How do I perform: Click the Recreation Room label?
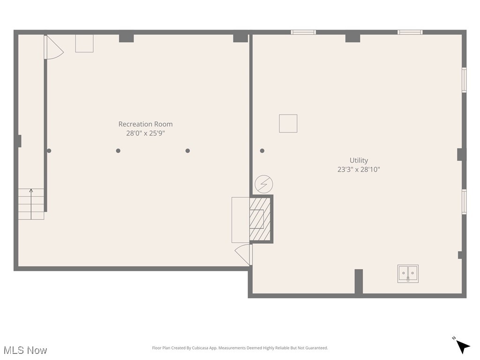145,124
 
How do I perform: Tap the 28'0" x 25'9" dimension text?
145,133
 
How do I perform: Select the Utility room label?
359,160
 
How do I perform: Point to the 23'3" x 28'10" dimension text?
359,170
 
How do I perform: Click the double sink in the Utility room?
408,273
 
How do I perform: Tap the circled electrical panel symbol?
264,184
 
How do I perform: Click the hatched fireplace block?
260,219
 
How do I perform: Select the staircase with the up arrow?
31,204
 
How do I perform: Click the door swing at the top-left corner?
53,48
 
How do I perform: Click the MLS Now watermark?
25,350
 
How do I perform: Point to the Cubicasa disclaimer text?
240,348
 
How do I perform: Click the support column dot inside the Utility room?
262,151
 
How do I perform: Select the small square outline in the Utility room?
288,123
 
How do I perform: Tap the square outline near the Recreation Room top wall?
84,43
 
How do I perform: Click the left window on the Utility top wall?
303,32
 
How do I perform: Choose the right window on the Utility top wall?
410,32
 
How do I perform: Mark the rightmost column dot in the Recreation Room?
187,151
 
